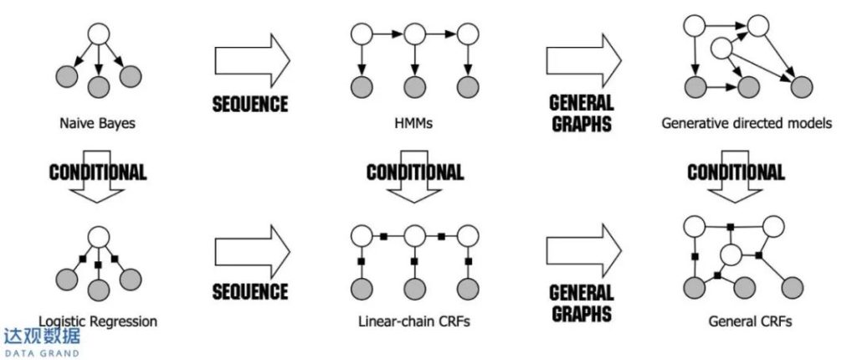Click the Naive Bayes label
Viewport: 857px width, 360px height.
coord(98,124)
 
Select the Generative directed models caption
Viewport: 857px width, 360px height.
coord(747,124)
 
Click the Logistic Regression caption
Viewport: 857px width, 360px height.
coord(98,321)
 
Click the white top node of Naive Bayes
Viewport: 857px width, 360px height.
coord(99,35)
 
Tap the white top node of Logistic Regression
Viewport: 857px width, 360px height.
coord(99,237)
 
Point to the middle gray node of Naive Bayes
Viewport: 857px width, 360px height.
coord(99,85)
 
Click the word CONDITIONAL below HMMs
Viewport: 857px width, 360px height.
coord(414,172)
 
